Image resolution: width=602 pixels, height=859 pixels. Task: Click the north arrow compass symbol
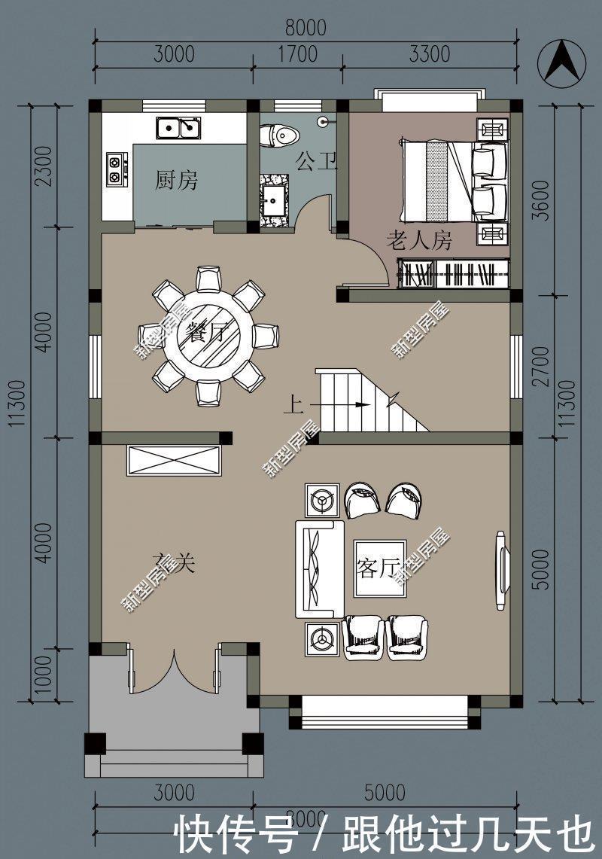click(561, 60)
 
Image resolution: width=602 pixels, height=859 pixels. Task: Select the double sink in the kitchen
click(178, 128)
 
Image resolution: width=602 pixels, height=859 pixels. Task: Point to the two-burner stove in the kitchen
click(116, 169)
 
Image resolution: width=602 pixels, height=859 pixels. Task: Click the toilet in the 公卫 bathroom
click(279, 136)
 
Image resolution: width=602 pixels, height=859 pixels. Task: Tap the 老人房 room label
click(418, 241)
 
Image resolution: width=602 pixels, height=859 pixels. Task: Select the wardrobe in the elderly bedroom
click(454, 273)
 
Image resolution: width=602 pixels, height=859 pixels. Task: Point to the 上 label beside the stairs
click(292, 406)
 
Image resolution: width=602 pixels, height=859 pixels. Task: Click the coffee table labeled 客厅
click(379, 568)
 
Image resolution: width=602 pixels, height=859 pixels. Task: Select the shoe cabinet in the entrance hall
click(175, 461)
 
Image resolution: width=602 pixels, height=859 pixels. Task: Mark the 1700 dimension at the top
click(297, 54)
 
